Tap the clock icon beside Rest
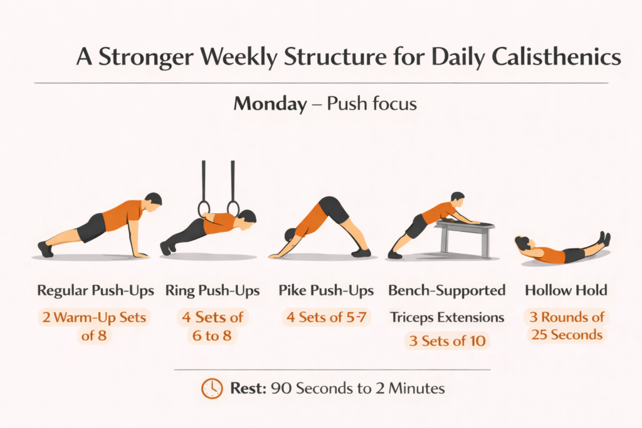click(211, 389)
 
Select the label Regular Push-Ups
click(96, 291)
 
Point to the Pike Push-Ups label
click(326, 291)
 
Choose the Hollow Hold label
click(566, 291)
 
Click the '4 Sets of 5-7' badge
click(326, 317)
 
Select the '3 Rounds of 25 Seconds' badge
click(566, 326)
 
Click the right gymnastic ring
click(233, 208)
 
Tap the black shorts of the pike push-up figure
click(334, 211)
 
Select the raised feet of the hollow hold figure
click(604, 239)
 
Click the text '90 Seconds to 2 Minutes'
click(357, 389)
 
